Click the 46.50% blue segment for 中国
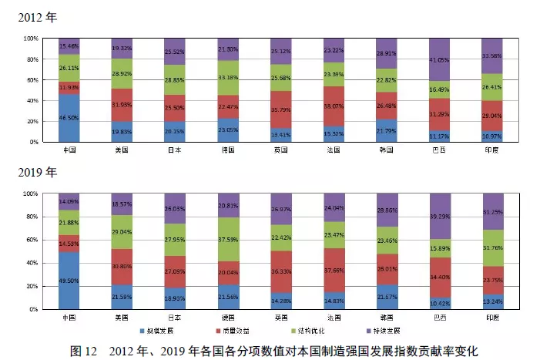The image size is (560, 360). (69, 118)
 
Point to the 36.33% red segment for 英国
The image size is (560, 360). (281, 271)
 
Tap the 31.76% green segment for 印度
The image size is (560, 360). (493, 247)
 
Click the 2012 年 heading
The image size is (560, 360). (35, 15)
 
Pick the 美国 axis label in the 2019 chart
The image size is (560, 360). (122, 317)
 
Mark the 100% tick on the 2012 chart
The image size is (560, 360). (30, 39)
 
